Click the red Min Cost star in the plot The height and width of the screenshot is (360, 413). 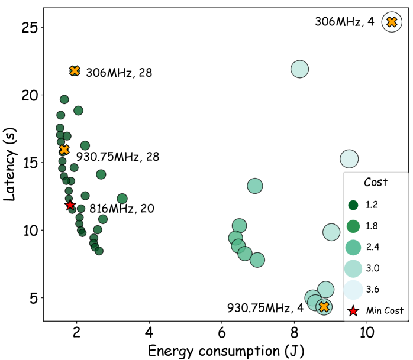click(70, 205)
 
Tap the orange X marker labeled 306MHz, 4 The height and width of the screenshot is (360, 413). click(391, 22)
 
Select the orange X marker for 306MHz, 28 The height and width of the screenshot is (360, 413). click(75, 71)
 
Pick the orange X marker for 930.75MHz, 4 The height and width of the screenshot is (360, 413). click(323, 307)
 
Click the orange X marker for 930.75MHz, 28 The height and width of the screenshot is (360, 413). click(64, 150)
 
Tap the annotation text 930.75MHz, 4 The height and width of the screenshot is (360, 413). click(265, 308)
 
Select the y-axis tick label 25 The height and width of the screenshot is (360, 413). click(30, 28)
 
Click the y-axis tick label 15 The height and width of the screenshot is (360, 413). click(30, 163)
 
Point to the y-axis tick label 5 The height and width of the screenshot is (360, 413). click(34, 298)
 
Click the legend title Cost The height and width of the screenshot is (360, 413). click(375, 182)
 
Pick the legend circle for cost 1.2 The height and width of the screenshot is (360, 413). click(354, 205)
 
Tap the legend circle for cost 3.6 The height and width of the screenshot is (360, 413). click(354, 289)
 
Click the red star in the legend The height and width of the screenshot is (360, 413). click(354, 310)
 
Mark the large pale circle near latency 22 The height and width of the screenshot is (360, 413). click(301, 69)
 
